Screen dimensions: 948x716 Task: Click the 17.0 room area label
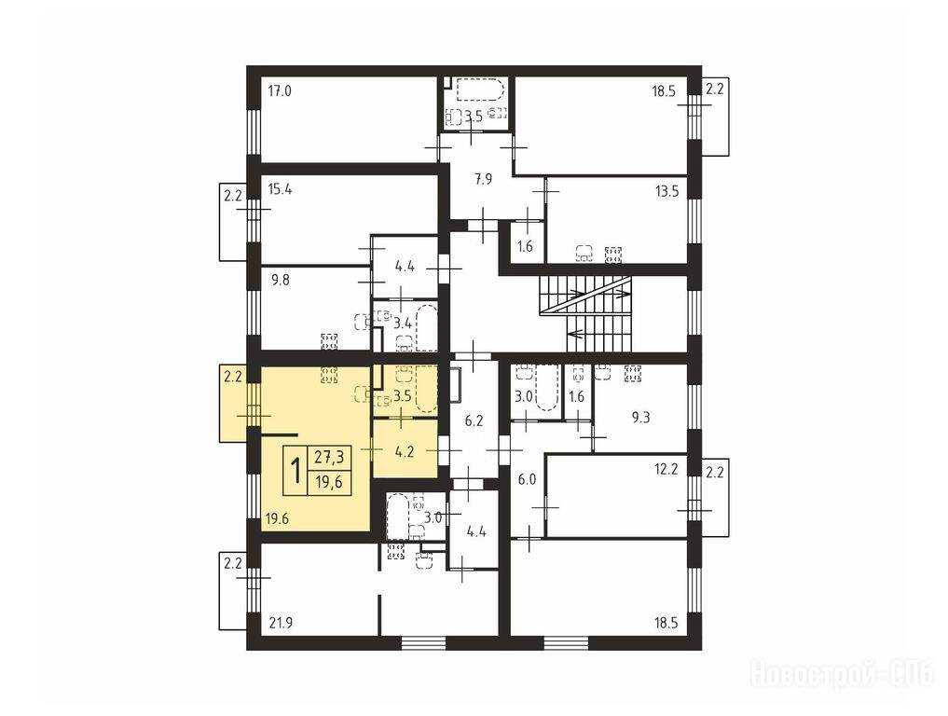[x=280, y=91]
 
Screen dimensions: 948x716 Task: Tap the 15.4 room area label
[x=280, y=189]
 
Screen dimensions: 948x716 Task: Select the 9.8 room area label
[x=280, y=281]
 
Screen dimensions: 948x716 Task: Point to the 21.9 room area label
[x=282, y=623]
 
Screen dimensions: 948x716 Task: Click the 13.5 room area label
[x=666, y=192]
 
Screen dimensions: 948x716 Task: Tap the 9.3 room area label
[x=641, y=418]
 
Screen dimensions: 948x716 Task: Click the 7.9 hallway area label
[x=483, y=179]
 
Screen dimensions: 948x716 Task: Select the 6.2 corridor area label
[x=474, y=420]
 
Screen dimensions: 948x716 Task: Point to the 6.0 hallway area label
[x=528, y=479]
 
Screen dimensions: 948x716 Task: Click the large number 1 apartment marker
[x=296, y=471]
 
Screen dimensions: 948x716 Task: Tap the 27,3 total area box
[x=329, y=458]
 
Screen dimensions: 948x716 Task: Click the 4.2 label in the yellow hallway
[x=404, y=451]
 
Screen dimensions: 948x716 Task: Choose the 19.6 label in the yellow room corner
[x=277, y=519]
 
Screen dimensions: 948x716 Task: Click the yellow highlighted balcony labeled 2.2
[x=233, y=403]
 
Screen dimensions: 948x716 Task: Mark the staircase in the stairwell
[x=585, y=313]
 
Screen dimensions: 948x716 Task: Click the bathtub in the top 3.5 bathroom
[x=480, y=90]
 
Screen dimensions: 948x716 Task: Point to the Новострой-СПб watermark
[x=842, y=674]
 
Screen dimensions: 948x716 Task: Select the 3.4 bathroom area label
[x=403, y=324]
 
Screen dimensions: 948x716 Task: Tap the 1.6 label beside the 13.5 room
[x=526, y=246]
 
